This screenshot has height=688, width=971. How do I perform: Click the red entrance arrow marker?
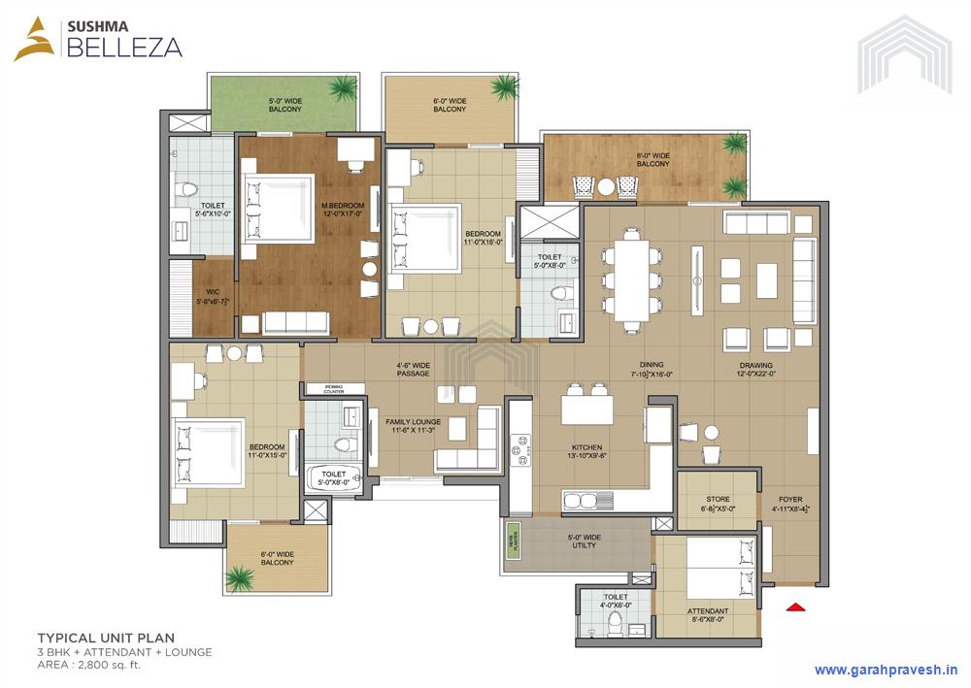(795, 607)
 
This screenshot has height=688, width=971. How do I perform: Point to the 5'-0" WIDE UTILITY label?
(584, 541)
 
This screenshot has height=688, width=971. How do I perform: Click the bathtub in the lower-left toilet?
(333, 478)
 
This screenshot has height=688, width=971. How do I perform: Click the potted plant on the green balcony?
(342, 89)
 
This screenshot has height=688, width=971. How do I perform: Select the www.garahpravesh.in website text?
(885, 669)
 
